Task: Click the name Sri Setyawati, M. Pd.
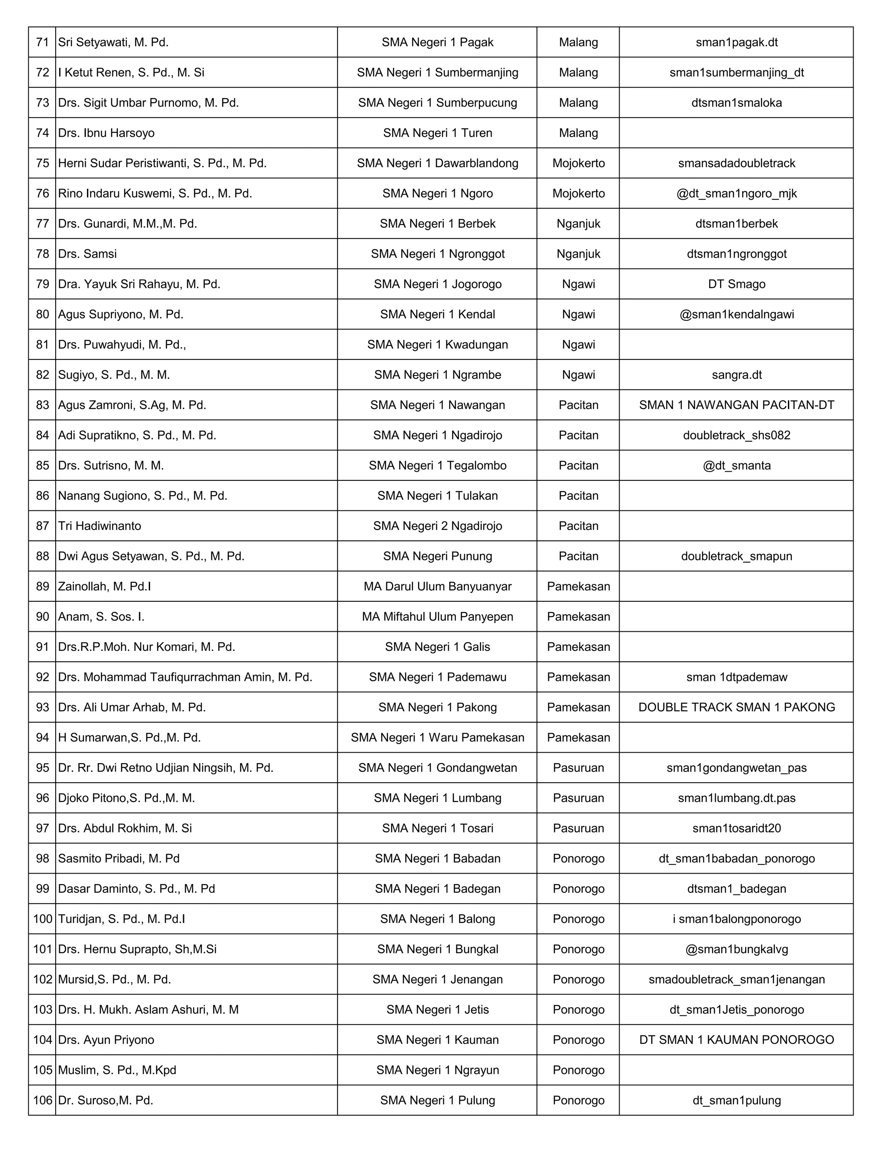click(x=113, y=42)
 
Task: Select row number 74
click(x=42, y=133)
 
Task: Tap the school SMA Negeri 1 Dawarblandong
click(x=437, y=163)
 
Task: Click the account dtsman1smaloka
click(x=737, y=103)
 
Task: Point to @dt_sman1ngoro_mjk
click(x=737, y=194)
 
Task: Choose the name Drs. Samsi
click(x=87, y=254)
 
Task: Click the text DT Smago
click(x=737, y=284)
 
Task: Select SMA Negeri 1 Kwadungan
click(x=437, y=345)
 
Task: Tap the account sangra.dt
click(x=737, y=375)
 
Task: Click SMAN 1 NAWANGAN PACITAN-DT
click(x=737, y=405)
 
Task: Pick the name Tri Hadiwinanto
click(x=99, y=526)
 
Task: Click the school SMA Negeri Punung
click(x=437, y=556)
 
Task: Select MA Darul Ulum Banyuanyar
click(x=437, y=587)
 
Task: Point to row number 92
click(x=42, y=677)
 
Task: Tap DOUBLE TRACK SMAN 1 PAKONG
click(x=737, y=707)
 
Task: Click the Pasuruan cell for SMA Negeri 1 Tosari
click(x=578, y=828)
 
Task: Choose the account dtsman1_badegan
click(x=737, y=888)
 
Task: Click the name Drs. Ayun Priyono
click(x=106, y=1040)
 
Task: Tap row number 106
click(x=42, y=1100)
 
